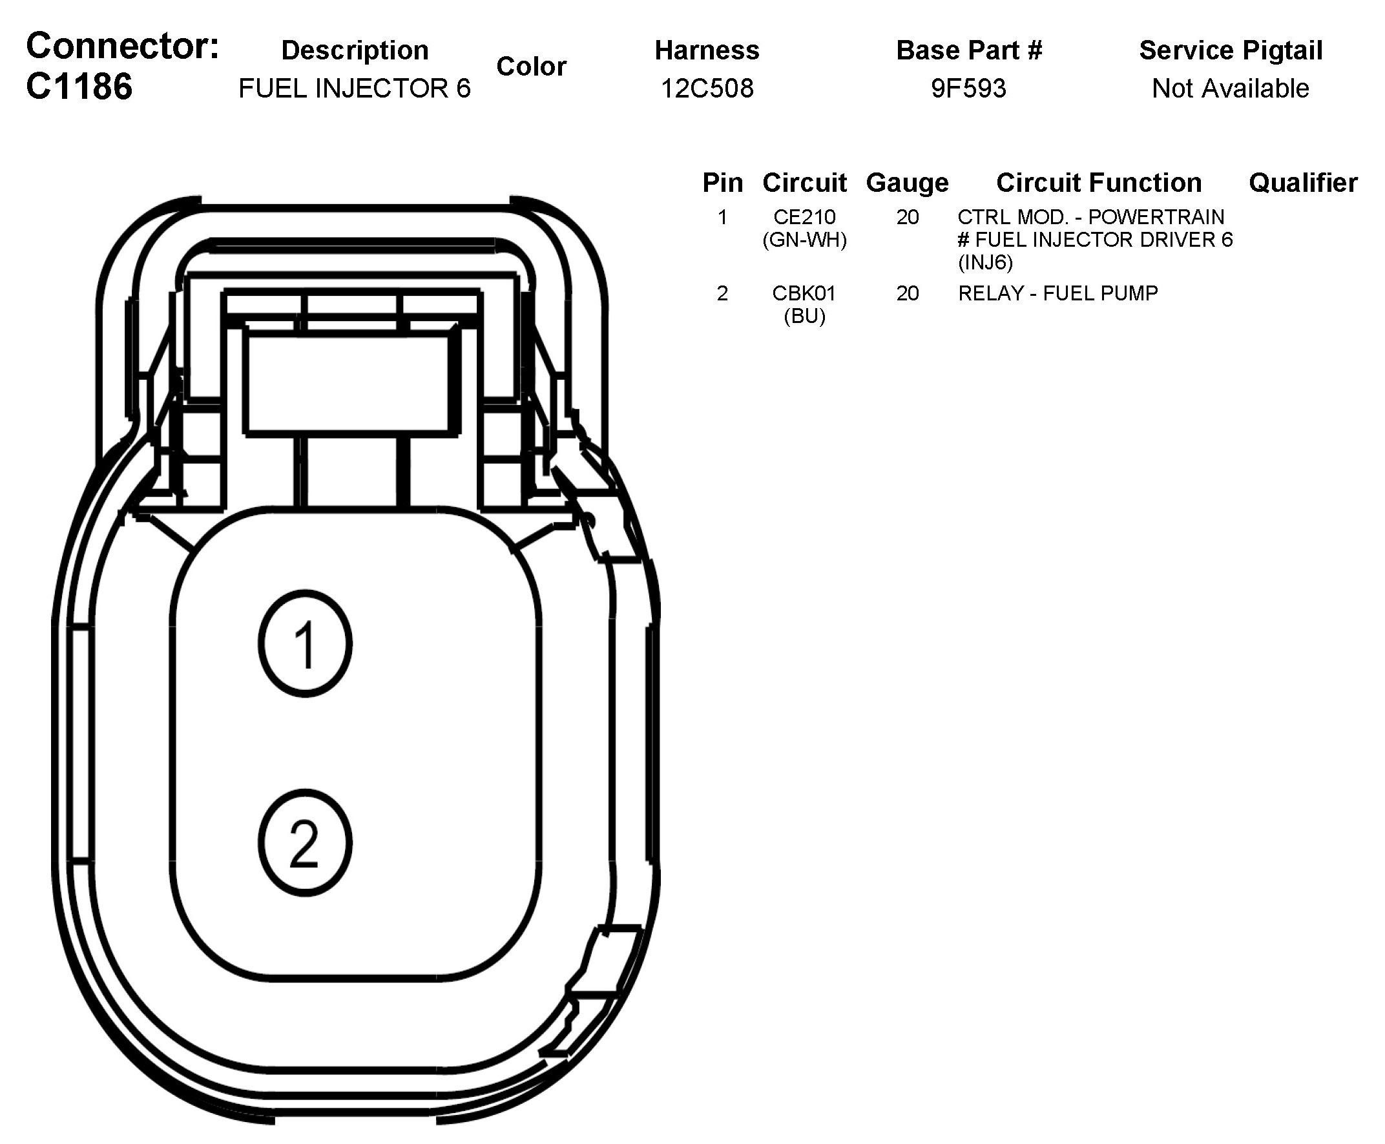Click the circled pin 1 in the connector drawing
click(305, 644)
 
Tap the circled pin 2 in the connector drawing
click(305, 843)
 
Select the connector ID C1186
click(79, 87)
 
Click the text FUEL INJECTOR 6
click(355, 88)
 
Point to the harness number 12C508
click(707, 88)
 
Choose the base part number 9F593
click(968, 88)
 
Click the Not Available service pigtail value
click(1230, 88)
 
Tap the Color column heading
click(531, 66)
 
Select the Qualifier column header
click(1303, 183)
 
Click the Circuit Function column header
click(1098, 183)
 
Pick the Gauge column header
click(908, 183)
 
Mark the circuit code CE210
click(804, 217)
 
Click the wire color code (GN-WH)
click(804, 240)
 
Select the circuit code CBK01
click(804, 293)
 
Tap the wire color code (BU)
click(804, 317)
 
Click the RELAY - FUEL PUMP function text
click(1057, 293)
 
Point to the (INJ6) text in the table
click(985, 262)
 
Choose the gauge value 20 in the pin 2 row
click(908, 293)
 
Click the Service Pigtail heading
click(1230, 50)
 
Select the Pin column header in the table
click(722, 183)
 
